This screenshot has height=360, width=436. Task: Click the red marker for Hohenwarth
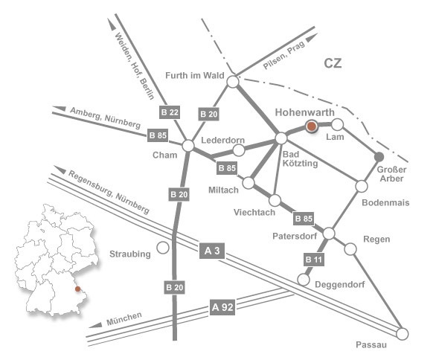(312, 126)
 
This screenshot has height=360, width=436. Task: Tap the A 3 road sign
(212, 251)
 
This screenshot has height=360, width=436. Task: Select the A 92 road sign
(222, 307)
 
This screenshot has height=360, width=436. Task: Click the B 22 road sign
(170, 112)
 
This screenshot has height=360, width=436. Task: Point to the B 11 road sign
(314, 260)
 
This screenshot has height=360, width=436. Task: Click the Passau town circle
(402, 334)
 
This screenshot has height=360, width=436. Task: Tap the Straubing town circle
(163, 248)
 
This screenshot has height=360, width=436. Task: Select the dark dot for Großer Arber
(379, 157)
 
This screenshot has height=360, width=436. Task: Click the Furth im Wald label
(195, 75)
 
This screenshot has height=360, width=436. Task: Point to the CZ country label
(333, 63)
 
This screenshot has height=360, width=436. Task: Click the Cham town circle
(188, 145)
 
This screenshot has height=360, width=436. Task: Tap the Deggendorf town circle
(304, 280)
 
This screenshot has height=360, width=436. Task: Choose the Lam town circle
(338, 124)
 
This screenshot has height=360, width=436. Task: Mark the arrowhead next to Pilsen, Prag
(312, 37)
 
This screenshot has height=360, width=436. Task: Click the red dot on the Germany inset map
(77, 289)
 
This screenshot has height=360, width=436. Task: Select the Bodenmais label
(385, 202)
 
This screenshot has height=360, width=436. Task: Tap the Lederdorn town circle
(239, 150)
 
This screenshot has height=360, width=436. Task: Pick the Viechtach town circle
(275, 200)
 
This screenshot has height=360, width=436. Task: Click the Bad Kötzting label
(300, 158)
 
